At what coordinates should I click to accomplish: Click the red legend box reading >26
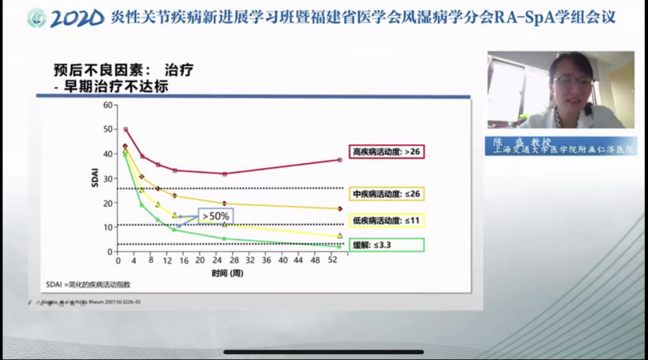coord(387,151)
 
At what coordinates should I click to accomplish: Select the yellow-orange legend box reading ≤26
coord(387,194)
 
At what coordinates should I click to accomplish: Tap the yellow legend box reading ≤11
coord(387,220)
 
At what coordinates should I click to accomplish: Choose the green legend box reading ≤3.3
coord(387,245)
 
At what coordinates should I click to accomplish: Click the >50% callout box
coord(214,216)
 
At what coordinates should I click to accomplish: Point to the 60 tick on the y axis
coord(108,105)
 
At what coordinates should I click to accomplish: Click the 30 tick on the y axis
coord(108,179)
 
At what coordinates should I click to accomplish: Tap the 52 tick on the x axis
coord(333,261)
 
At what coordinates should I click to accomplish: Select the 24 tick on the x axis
coord(217,261)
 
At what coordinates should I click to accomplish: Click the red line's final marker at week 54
coord(339,160)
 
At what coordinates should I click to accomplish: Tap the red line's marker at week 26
coord(224,174)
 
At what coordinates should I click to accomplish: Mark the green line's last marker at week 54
coord(339,247)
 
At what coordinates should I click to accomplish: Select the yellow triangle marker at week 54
coord(339,236)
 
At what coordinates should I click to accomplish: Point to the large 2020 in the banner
coord(78,18)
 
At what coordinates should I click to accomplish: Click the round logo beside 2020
coord(36,18)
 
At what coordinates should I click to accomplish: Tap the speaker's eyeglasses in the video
coord(572,81)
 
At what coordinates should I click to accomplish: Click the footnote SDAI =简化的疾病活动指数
coord(89,285)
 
